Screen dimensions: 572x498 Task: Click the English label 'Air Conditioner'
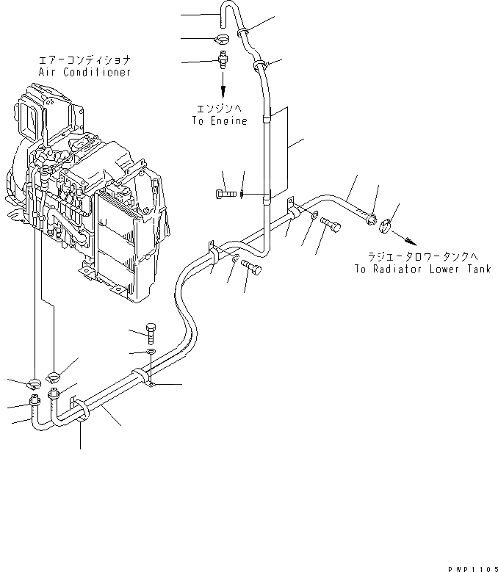[84, 73]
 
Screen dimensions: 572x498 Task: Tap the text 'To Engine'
[220, 121]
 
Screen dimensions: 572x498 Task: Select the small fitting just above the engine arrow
[223, 59]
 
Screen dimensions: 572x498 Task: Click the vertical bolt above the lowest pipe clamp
[151, 333]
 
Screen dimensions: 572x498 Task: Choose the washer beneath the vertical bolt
[150, 354]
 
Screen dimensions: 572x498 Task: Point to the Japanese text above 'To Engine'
[220, 108]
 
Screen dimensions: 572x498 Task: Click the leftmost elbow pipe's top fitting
[34, 401]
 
